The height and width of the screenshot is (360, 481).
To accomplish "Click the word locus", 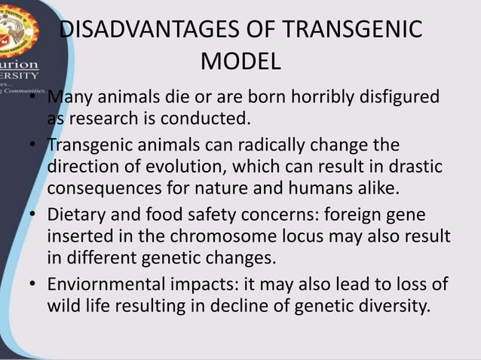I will [x=343, y=236].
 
